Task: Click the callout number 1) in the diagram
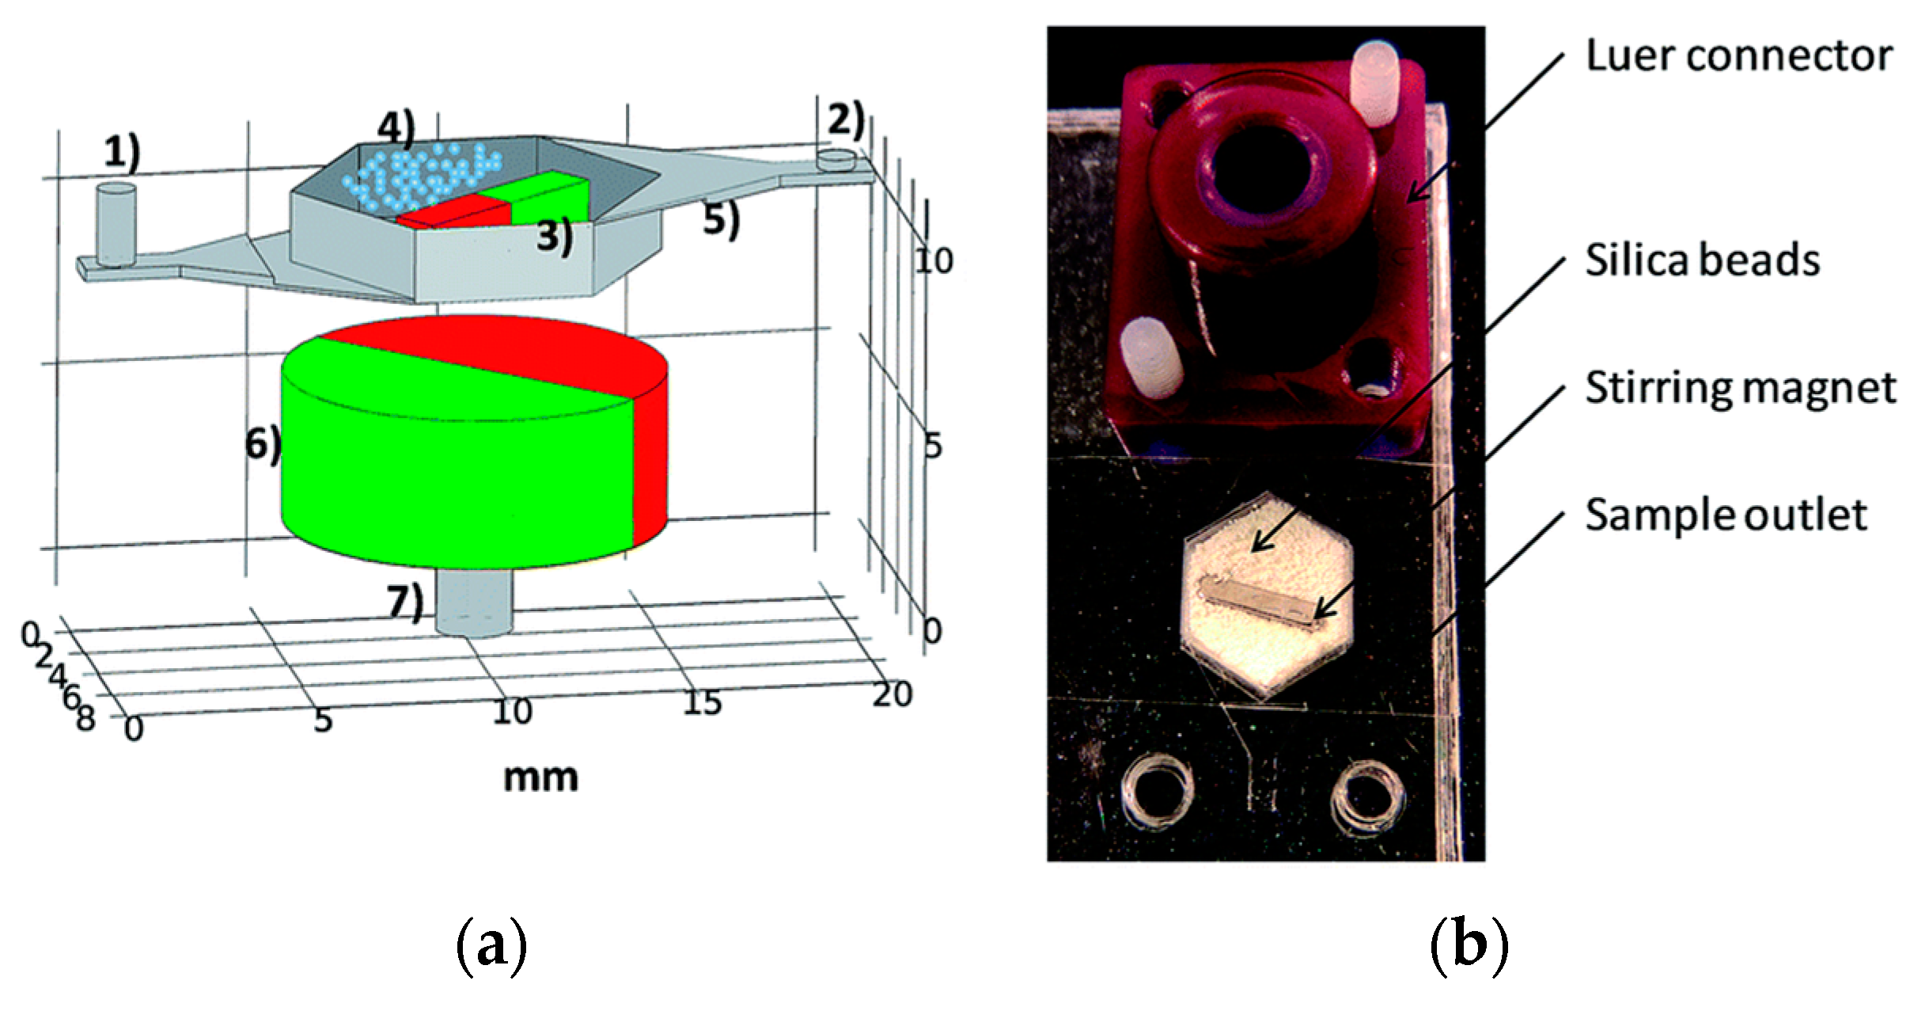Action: click(121, 152)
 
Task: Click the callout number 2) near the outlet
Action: click(845, 119)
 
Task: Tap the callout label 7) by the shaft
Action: click(405, 602)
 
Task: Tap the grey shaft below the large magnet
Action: click(475, 606)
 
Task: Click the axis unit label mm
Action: click(540, 777)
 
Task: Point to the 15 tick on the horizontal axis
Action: click(702, 701)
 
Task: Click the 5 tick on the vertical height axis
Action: click(933, 447)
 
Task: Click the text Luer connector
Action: click(1738, 55)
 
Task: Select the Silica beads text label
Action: click(1702, 260)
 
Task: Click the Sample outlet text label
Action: click(1726, 515)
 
